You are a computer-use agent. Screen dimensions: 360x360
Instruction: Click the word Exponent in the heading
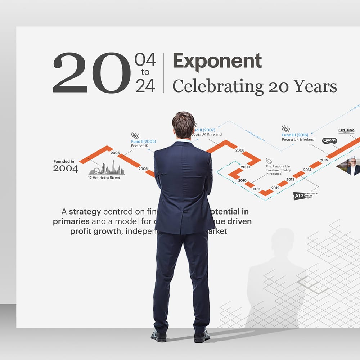217,61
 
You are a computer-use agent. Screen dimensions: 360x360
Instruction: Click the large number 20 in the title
92,73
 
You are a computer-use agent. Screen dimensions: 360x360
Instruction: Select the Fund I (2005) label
143,141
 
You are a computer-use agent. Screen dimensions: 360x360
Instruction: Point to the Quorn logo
329,141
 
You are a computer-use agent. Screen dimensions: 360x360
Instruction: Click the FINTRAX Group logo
346,130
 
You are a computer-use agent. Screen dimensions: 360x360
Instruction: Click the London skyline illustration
107,168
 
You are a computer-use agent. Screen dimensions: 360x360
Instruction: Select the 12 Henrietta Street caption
104,178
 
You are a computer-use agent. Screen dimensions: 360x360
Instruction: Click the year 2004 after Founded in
66,168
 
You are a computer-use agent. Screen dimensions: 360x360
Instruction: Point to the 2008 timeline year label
240,150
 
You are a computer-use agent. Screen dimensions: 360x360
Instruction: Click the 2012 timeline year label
275,188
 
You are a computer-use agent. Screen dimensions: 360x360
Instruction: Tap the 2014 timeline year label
307,170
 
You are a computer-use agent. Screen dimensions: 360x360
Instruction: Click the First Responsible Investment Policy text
278,170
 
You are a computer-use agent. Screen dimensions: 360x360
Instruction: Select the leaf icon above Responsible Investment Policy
269,161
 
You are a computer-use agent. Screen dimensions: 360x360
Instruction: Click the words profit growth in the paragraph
95,231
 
